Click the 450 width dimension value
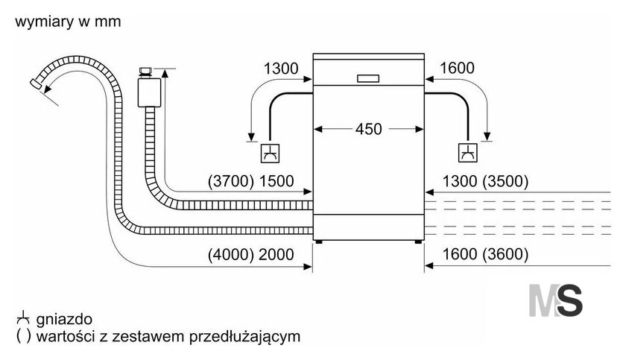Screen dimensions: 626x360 pyautogui.click(x=368, y=129)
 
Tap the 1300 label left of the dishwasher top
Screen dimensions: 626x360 pyautogui.click(x=281, y=69)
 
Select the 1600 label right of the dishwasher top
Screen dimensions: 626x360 pyautogui.click(x=457, y=69)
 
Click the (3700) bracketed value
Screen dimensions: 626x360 pyautogui.click(x=231, y=181)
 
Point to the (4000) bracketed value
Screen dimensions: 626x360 pyautogui.click(x=231, y=254)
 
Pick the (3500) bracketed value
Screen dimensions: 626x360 pyautogui.click(x=505, y=181)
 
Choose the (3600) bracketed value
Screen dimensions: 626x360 pyautogui.click(x=505, y=254)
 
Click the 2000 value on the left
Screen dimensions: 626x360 pyautogui.click(x=276, y=254)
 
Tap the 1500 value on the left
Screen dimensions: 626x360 pyautogui.click(x=276, y=181)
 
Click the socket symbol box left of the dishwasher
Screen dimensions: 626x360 pyautogui.click(x=270, y=154)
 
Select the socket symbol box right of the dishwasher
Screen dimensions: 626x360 pyautogui.click(x=467, y=153)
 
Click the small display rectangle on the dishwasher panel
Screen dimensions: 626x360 pyautogui.click(x=368, y=78)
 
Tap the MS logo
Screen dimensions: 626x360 pyautogui.click(x=556, y=300)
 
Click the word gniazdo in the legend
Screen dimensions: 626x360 pyautogui.click(x=64, y=319)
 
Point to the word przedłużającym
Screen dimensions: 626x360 pyautogui.click(x=244, y=336)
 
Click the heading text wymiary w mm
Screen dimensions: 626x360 pyautogui.click(x=68, y=22)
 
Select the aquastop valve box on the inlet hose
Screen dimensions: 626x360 pyautogui.click(x=149, y=92)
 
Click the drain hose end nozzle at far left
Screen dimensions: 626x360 pyautogui.click(x=37, y=83)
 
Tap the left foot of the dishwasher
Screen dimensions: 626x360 pyautogui.click(x=319, y=241)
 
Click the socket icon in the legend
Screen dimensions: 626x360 pyautogui.click(x=23, y=318)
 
